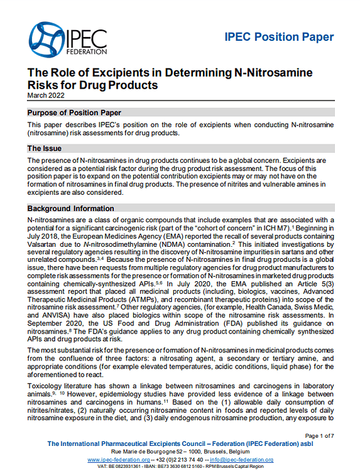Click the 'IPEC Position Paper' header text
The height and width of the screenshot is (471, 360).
click(x=278, y=37)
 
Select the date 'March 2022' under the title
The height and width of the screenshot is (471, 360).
click(x=46, y=95)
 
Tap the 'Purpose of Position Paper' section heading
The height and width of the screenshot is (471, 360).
click(x=74, y=112)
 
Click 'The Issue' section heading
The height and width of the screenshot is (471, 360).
click(x=43, y=149)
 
